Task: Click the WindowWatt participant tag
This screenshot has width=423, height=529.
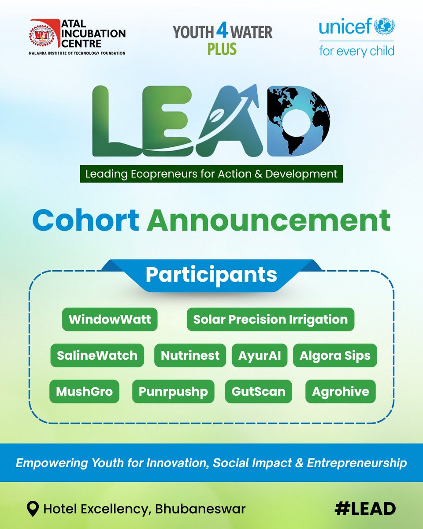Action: pyautogui.click(x=110, y=319)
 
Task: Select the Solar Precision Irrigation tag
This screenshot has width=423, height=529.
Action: pyautogui.click(x=271, y=319)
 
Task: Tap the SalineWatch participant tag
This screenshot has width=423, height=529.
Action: pyautogui.click(x=97, y=355)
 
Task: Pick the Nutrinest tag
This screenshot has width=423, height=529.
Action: pyautogui.click(x=190, y=355)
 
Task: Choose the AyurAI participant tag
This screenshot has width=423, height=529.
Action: pyautogui.click(x=260, y=355)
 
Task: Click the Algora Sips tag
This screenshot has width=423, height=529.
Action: pyautogui.click(x=335, y=355)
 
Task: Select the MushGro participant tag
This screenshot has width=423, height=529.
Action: pyautogui.click(x=84, y=391)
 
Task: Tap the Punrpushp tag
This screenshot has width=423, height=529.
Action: pyautogui.click(x=173, y=391)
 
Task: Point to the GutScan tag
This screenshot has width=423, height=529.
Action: pyautogui.click(x=258, y=391)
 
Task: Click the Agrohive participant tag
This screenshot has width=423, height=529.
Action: pyautogui.click(x=341, y=391)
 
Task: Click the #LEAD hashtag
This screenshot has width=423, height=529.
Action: pyautogui.click(x=364, y=509)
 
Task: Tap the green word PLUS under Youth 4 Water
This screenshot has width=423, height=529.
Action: pyautogui.click(x=222, y=48)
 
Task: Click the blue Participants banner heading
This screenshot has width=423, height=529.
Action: pyautogui.click(x=211, y=275)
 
